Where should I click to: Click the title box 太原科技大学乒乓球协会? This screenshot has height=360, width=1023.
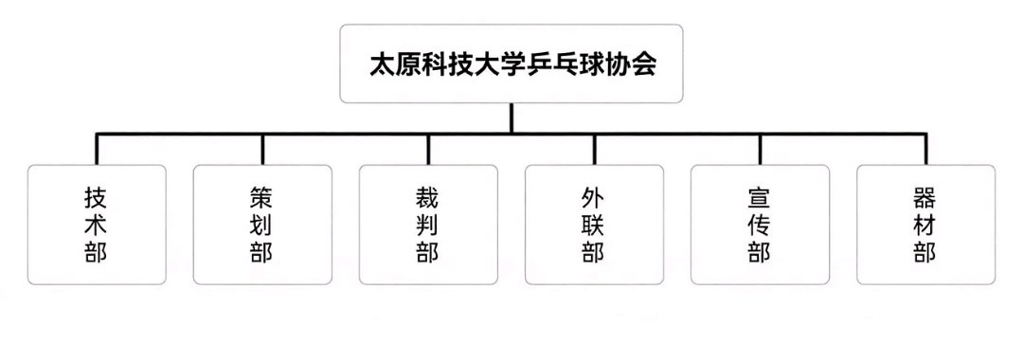511,63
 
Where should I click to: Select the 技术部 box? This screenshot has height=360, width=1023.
97,225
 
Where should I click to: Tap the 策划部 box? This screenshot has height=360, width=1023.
262,225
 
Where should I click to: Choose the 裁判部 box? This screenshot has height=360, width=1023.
428,225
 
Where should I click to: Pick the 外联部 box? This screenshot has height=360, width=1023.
594,225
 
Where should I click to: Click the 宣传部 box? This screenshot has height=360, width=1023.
760,225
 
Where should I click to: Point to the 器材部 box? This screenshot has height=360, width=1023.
925,225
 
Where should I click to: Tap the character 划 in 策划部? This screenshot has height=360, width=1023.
262,225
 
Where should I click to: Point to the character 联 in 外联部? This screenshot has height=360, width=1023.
594,225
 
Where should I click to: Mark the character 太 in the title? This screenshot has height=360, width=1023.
383,64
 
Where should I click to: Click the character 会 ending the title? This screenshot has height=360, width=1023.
643,64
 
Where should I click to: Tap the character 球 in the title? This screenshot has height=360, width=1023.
591,64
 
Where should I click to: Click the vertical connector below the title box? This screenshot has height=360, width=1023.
511,118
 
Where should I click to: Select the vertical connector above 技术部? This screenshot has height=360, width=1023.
97,150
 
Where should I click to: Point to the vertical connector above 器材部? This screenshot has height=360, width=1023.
925,150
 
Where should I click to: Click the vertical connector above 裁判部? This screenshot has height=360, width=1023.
428,150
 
